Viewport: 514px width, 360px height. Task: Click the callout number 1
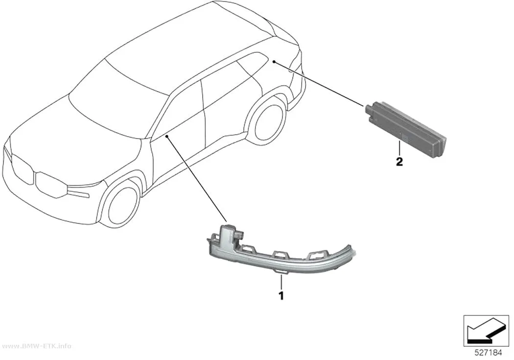tap(281, 296)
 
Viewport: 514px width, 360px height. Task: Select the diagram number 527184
tap(489, 353)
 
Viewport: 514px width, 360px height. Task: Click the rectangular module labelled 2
tap(405, 129)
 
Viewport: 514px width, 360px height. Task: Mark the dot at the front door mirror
tap(167, 135)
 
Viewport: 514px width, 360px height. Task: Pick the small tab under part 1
tap(281, 272)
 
